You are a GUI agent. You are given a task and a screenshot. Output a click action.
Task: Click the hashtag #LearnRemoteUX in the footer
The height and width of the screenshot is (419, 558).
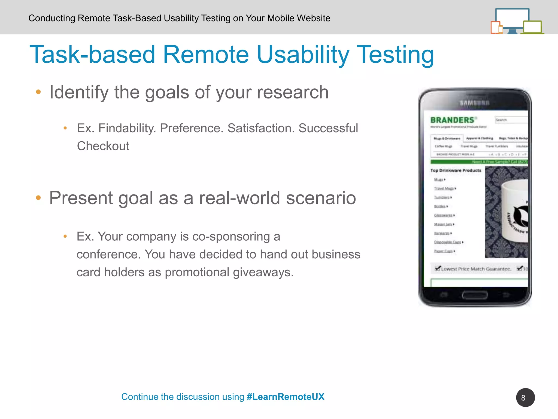[285, 397]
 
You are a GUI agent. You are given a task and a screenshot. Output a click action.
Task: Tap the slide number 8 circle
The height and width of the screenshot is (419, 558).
[525, 397]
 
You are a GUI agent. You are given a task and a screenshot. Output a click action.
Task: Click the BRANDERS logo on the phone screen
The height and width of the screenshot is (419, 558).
[452, 120]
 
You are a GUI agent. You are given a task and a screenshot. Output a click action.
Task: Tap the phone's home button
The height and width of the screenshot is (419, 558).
[475, 295]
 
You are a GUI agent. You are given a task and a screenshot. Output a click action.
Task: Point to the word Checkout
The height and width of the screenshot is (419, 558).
[103, 146]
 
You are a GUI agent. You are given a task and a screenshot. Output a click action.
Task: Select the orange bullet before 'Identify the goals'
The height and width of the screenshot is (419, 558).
[38, 92]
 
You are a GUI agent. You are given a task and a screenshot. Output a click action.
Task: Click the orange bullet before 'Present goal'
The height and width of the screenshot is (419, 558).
[38, 198]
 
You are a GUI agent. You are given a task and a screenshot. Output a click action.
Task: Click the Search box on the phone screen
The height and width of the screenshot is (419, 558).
[511, 120]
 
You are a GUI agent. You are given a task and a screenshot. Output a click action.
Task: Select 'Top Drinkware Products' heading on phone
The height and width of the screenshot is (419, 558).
[456, 170]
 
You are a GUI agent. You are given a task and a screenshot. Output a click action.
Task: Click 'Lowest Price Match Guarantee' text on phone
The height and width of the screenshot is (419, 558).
[475, 269]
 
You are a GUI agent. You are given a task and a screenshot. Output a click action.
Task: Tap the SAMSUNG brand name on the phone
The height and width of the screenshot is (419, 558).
[474, 103]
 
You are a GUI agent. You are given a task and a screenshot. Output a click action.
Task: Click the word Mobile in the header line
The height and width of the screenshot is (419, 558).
[281, 18]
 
